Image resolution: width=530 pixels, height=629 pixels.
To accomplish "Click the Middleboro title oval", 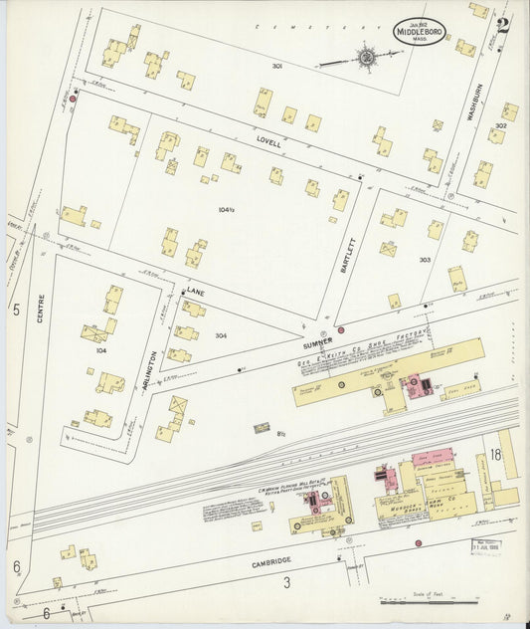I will (419, 31).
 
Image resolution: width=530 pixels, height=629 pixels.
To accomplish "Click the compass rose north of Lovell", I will (367, 57).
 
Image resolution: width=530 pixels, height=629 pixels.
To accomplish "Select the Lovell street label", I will (268, 143).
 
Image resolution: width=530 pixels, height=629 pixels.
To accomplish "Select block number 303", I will (425, 260).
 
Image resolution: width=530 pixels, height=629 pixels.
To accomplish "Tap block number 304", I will (221, 335).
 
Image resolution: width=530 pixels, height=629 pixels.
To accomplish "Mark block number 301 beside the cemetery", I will (277, 67).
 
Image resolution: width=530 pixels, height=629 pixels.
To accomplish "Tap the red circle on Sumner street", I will (341, 329).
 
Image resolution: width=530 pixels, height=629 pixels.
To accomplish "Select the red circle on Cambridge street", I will (418, 543).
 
